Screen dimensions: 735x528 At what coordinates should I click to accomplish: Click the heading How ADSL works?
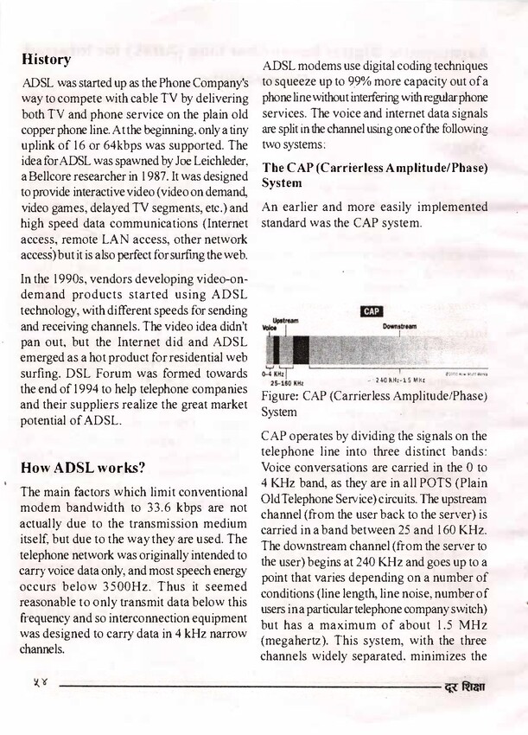pyautogui.click(x=83, y=469)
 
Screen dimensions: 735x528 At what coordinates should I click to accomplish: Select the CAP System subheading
pyautogui.click(x=373, y=175)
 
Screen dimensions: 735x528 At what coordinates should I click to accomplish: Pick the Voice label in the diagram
pyautogui.click(x=270, y=329)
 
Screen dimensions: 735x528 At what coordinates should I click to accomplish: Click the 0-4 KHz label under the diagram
pyautogui.click(x=273, y=374)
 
